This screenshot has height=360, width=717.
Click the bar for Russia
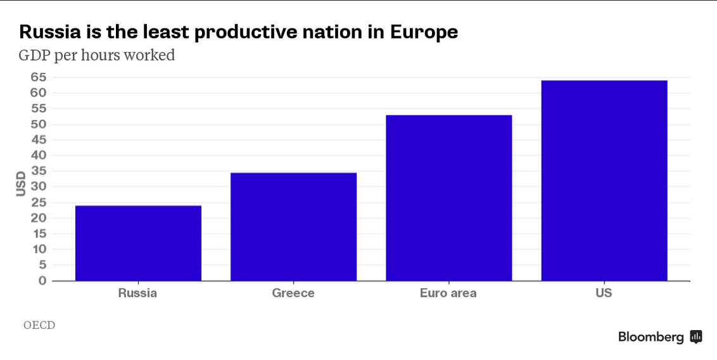point(138,243)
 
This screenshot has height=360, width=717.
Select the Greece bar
point(293,226)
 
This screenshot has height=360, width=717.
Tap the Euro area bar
point(448,198)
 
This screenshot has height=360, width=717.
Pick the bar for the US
point(604,181)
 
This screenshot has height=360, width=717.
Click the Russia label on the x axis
point(137,293)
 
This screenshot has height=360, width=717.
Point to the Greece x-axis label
point(293,293)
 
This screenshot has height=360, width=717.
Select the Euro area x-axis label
point(448,293)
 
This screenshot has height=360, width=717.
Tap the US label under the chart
point(604,293)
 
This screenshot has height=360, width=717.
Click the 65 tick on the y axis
point(38,77)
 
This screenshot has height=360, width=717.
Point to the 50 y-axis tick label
point(38,124)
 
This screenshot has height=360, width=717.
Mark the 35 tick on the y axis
point(38,171)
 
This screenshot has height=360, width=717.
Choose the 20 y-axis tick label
point(38,218)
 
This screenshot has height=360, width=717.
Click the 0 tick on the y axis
point(42,281)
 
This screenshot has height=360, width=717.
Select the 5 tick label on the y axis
point(42,265)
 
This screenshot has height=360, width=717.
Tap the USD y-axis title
point(21,183)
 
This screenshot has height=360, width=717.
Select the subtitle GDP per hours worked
point(96,56)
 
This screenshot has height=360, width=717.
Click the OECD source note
point(39,325)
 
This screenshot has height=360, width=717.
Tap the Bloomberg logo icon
point(696,337)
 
